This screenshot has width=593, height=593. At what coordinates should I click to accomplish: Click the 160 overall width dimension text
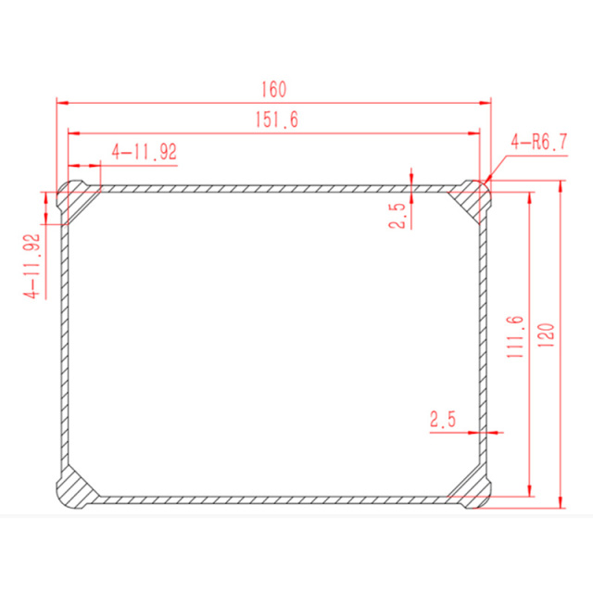coord(273,90)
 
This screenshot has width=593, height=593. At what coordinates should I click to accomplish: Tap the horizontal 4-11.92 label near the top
coord(144,152)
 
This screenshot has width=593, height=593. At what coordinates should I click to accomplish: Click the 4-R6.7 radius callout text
coord(538,142)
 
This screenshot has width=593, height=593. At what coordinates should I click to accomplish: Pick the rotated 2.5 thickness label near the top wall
coord(397,216)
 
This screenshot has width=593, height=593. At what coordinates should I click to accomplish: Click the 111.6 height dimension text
coord(516,335)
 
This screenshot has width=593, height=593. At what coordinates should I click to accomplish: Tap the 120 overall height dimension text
coord(546,335)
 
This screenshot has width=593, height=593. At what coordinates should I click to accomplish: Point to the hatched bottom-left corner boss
coord(74,488)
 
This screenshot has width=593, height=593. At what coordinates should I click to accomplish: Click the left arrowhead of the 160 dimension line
coord(62,102)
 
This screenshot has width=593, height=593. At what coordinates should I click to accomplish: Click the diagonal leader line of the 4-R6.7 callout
coord(496,168)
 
